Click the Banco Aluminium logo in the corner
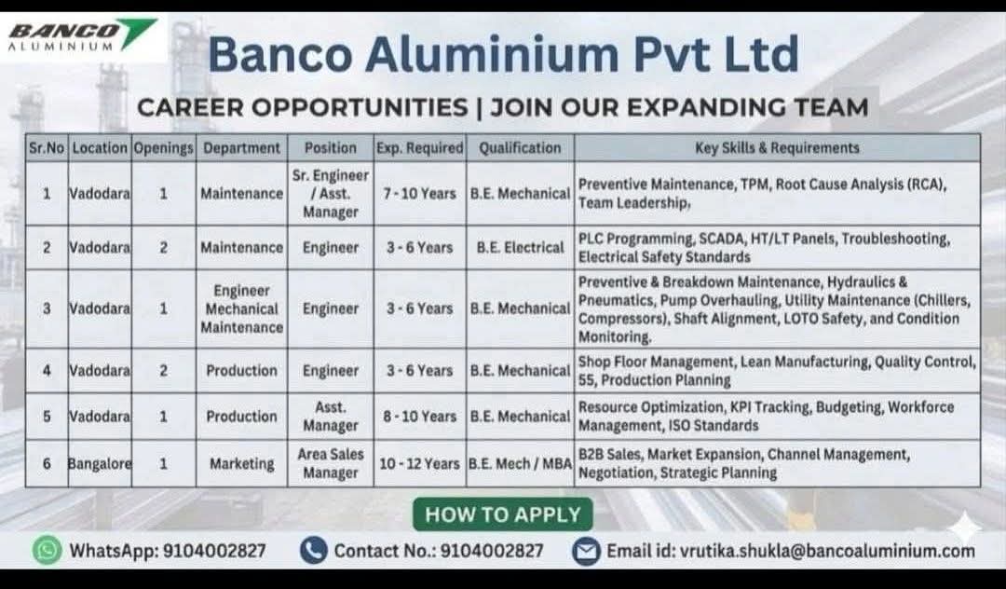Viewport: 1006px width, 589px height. [x=82, y=35]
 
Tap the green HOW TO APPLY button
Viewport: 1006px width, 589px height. [x=502, y=514]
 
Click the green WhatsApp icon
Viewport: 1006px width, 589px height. [x=47, y=551]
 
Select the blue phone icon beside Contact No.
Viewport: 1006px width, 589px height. [x=313, y=551]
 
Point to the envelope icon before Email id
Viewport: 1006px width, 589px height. [x=585, y=551]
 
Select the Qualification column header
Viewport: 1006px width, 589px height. [x=520, y=147]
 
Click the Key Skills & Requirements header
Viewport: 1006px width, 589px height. [x=777, y=147]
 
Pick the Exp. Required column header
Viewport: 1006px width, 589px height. [x=419, y=147]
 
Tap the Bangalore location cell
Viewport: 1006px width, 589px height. [x=100, y=463]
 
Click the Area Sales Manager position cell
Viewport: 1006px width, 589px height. [x=330, y=463]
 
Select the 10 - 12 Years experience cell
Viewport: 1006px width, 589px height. [x=419, y=463]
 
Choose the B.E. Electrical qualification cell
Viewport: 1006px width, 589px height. [x=520, y=248]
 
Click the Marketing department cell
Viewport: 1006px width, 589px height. [x=241, y=463]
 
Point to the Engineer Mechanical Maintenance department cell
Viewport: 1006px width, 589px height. [x=241, y=308]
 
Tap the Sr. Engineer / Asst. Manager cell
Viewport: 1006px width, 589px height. [x=330, y=194]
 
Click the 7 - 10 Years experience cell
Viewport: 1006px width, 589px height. [x=419, y=194]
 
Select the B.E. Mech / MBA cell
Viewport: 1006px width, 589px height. [x=520, y=463]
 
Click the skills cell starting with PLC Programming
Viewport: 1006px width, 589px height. [x=764, y=248]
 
